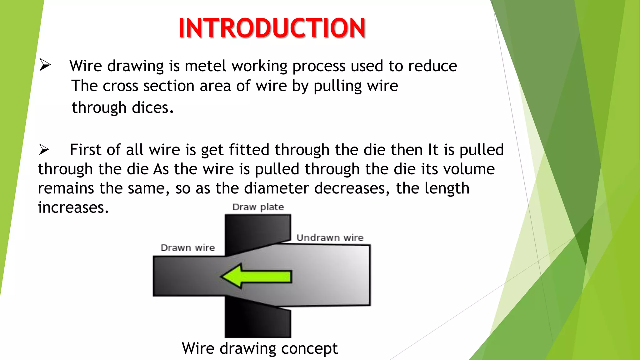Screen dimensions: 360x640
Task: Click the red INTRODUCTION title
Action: point(272,28)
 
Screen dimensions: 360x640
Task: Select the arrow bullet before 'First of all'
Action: point(44,149)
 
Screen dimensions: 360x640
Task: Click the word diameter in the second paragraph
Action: point(277,188)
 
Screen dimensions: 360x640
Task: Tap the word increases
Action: point(73,208)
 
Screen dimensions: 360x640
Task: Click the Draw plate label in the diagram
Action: point(258,207)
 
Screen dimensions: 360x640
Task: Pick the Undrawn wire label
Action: point(330,238)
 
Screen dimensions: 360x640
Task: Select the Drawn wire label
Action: point(188,248)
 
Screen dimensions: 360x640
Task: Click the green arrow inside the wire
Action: point(256,276)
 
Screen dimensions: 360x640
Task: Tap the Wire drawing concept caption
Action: point(260,348)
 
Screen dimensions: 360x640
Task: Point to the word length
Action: point(432,189)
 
